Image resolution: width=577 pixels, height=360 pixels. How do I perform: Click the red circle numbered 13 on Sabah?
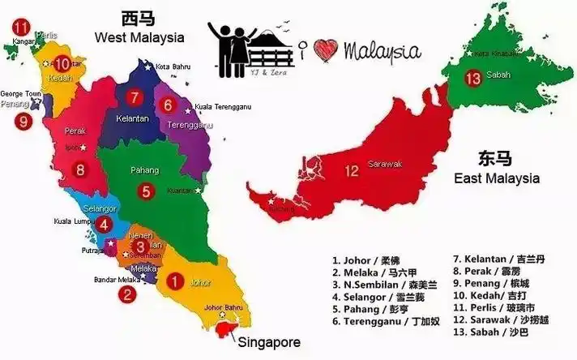(x=474, y=79)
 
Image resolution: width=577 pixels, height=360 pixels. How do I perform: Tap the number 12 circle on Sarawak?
(x=352, y=171)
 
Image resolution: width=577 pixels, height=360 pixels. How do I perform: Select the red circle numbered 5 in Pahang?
(x=146, y=192)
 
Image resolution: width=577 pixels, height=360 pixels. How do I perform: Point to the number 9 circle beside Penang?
(x=24, y=122)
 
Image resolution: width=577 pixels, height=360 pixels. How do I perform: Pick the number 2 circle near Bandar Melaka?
(x=126, y=294)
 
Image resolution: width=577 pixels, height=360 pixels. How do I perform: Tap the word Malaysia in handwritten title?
(x=382, y=51)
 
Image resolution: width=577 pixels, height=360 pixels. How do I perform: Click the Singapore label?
(x=268, y=342)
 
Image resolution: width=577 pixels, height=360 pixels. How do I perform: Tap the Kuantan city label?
(x=177, y=191)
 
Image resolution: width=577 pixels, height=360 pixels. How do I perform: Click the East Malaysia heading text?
(x=495, y=178)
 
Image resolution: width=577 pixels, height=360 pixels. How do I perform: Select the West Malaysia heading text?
(x=139, y=36)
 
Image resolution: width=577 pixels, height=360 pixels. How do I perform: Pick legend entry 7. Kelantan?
(x=498, y=259)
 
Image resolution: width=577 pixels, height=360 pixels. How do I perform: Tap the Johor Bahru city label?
(x=224, y=307)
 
